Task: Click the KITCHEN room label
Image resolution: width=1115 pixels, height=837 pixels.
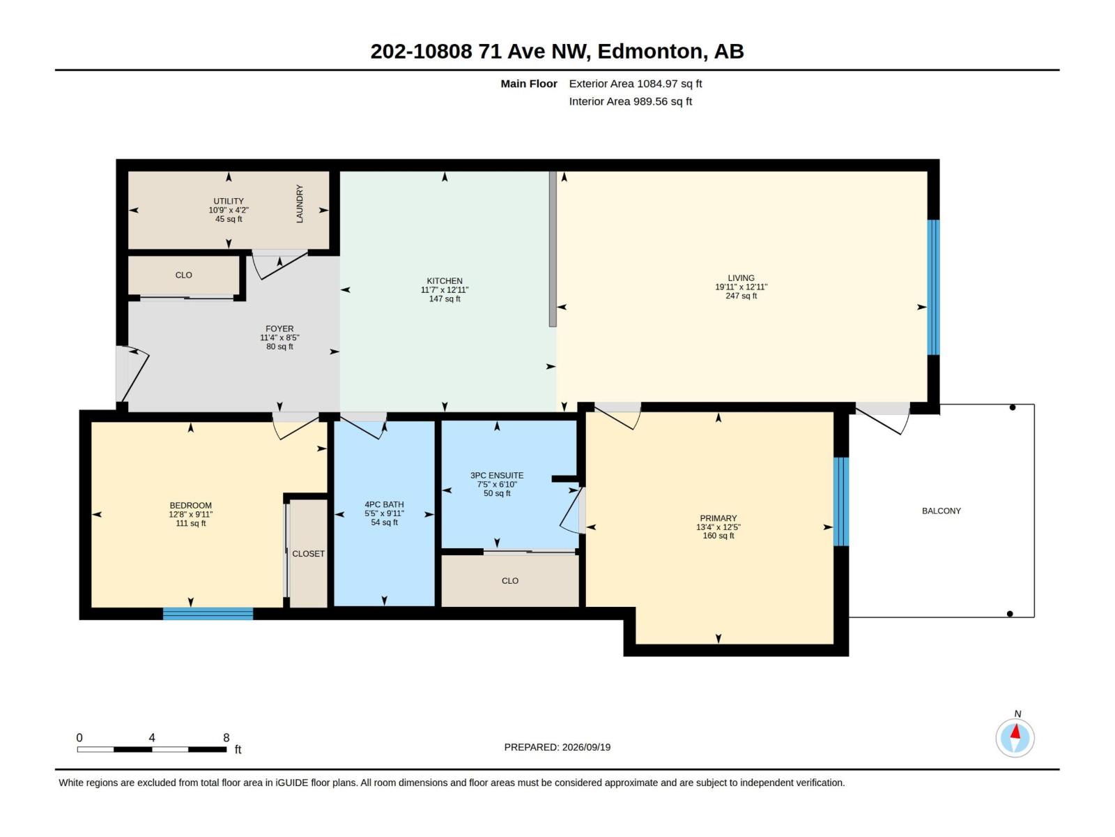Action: pos(445,281)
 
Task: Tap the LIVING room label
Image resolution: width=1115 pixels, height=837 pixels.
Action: pos(741,278)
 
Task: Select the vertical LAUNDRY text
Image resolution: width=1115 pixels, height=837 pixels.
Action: pos(300,204)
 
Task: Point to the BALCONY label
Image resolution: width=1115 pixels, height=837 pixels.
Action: pos(941,511)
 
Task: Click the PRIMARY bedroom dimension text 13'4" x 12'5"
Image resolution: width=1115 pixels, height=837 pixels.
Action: pos(718,527)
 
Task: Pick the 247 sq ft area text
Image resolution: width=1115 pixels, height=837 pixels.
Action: pos(741,296)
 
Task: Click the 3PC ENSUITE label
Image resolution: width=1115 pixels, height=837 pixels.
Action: pos(497,476)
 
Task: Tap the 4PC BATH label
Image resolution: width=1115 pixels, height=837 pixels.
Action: pos(384,504)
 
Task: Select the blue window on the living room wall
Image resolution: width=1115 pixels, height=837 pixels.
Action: pos(933,287)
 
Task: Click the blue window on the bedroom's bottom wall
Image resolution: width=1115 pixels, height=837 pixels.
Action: pos(208,613)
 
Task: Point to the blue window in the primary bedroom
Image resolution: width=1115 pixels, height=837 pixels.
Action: pos(841,502)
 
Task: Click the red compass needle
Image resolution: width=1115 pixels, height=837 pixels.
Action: pos(1015,732)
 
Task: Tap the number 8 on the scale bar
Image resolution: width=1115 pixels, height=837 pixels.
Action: pos(226,737)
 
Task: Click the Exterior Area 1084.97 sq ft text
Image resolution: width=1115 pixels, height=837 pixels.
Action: pos(636,84)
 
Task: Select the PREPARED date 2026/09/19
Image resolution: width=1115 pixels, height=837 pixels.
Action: pos(586,747)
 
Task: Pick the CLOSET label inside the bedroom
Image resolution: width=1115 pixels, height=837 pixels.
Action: pos(308,553)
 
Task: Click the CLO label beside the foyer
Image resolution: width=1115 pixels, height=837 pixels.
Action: pos(183,275)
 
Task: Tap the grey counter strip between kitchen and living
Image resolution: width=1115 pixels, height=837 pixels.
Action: pos(553,249)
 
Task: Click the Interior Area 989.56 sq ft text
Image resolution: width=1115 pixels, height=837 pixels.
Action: pos(631,102)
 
